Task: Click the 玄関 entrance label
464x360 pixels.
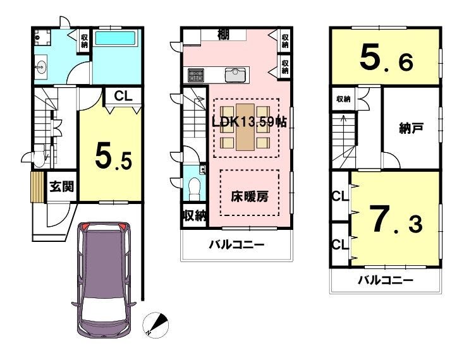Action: [61, 186]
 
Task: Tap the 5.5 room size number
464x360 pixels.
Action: [113, 159]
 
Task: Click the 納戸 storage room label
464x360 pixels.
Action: [411, 129]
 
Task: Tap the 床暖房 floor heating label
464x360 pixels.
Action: [250, 196]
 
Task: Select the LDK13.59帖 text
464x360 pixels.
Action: [249, 122]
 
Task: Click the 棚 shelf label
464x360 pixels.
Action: [223, 35]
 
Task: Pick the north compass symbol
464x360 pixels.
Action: [156, 325]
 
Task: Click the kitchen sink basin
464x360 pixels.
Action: [235, 75]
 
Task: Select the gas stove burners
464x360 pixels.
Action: [196, 75]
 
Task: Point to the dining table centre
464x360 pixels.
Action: [245, 127]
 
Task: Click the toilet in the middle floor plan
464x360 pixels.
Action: [194, 188]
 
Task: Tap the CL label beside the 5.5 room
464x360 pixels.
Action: [123, 96]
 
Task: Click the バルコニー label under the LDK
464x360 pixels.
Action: [236, 244]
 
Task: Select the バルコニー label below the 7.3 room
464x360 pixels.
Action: [385, 280]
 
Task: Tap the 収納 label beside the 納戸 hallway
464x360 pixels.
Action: [343, 99]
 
